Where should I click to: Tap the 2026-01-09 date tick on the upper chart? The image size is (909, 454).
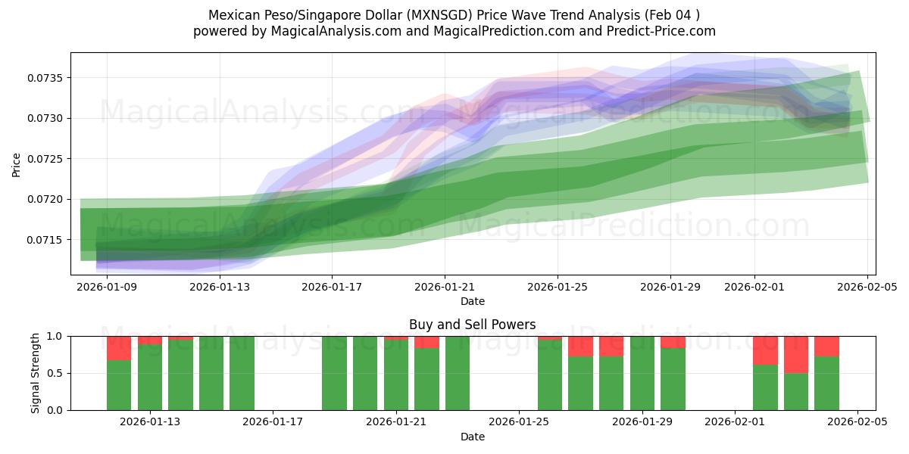click(107, 287)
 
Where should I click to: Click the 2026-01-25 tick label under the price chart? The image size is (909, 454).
click(558, 287)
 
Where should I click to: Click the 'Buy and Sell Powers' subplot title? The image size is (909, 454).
click(472, 325)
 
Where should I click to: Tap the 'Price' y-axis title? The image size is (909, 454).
click(17, 163)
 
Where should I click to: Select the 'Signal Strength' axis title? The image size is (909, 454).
click(36, 373)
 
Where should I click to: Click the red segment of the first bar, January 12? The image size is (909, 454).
click(119, 348)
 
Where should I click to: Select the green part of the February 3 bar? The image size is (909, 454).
click(796, 391)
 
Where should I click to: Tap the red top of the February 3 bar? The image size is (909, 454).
click(796, 354)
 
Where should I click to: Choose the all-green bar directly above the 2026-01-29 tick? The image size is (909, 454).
click(642, 373)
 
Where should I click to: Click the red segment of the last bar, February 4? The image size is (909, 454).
click(826, 346)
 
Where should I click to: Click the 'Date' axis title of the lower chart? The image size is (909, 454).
click(472, 437)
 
